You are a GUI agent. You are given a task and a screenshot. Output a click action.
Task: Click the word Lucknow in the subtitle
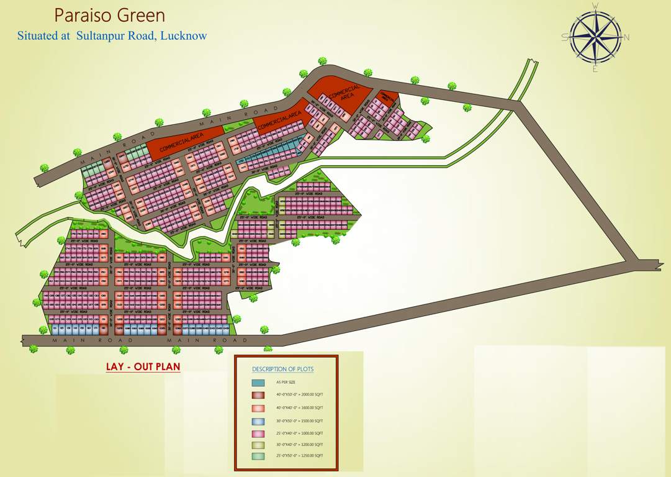point(183,35)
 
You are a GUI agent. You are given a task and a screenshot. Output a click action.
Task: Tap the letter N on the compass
point(627,37)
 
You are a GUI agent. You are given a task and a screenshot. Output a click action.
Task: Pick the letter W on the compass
point(595,6)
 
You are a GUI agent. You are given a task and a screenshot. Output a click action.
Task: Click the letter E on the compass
point(595,68)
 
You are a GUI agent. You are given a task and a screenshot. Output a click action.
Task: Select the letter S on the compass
point(564,37)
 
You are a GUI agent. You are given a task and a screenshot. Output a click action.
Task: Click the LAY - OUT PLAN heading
point(143,366)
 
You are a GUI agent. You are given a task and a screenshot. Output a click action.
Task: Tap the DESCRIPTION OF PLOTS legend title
point(282,369)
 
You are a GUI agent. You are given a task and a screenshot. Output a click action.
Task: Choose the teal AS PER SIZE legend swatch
point(258,383)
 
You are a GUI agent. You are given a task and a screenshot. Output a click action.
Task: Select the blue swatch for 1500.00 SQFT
point(258,420)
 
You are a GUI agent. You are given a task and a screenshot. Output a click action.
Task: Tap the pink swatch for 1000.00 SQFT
point(258,432)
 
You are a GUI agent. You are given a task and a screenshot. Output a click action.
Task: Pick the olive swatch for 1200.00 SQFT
point(258,445)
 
